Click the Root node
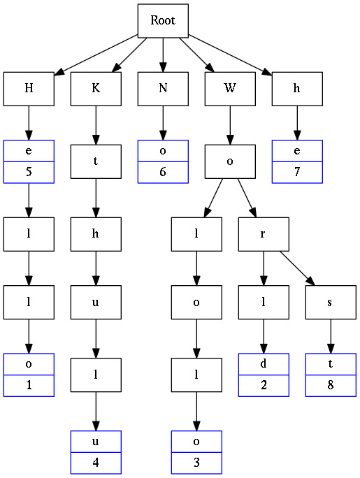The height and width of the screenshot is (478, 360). pos(163,21)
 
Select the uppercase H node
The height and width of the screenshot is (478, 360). pos(29,88)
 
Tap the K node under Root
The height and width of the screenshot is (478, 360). pos(96,88)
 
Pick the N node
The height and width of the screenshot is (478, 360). pos(163,88)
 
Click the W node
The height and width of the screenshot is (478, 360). pos(230,88)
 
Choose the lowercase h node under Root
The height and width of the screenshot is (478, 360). pos(297,88)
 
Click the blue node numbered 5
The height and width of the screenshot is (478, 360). pos(29,160)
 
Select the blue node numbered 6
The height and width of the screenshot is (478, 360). pos(163,160)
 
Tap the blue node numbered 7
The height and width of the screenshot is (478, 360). pos(297,160)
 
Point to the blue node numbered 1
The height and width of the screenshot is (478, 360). pos(29,375)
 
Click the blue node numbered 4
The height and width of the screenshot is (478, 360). pos(96,451)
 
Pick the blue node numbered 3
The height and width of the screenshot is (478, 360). pos(196,451)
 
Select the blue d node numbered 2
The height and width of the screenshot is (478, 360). pos(264,375)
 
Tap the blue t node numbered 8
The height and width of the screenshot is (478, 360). pos(331,375)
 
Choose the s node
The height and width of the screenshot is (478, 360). pos(331,303)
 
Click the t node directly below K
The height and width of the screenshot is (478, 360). pos(96,160)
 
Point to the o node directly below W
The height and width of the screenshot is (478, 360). pos(230,160)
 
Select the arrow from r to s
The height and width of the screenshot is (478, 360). pos(296,269)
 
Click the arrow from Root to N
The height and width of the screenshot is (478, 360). pos(163,55)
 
